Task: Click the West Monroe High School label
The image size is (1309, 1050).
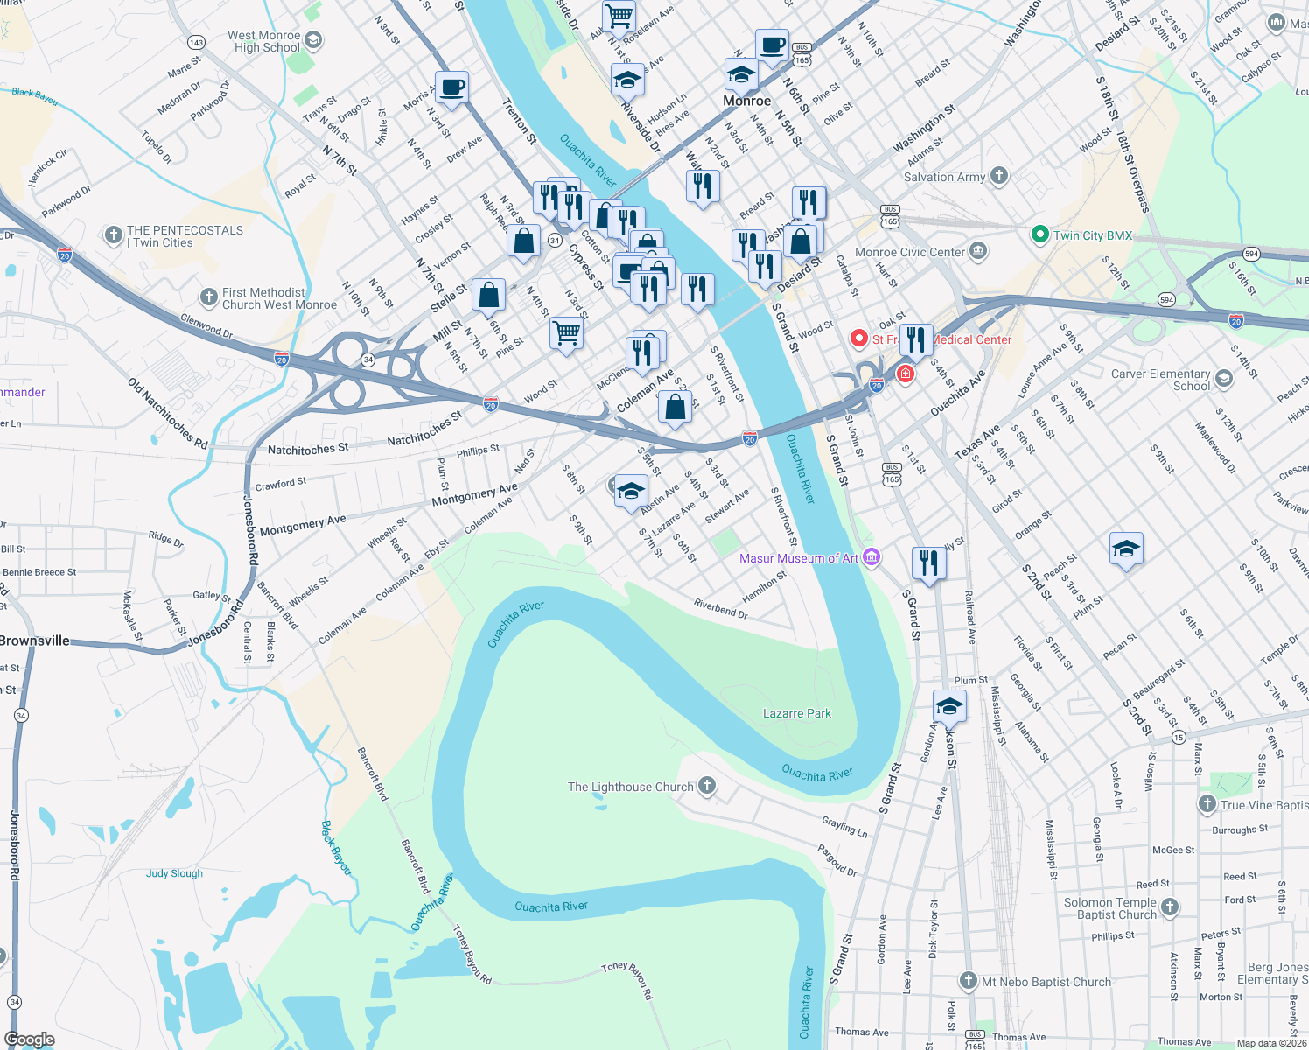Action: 264,41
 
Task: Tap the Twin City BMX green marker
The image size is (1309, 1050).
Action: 1039,234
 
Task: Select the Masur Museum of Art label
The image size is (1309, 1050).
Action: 798,558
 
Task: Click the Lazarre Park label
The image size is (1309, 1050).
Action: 796,713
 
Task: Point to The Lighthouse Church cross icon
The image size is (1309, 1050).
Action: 706,786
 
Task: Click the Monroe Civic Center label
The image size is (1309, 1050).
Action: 909,252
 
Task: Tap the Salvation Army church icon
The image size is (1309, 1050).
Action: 999,176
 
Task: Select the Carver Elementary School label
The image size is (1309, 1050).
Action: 1160,380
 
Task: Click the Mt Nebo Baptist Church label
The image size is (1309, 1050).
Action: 1046,982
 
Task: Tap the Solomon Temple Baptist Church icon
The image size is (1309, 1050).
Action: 1170,906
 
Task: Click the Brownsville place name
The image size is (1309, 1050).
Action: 35,640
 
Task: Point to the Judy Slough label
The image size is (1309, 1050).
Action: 174,873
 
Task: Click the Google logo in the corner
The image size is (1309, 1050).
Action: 29,1039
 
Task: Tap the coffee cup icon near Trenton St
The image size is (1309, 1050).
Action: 451,87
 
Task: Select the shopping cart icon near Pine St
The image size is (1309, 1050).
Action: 566,333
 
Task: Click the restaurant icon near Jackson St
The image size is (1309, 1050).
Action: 928,563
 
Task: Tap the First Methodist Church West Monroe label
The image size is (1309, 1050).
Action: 278,298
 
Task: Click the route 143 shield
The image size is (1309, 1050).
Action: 196,43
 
